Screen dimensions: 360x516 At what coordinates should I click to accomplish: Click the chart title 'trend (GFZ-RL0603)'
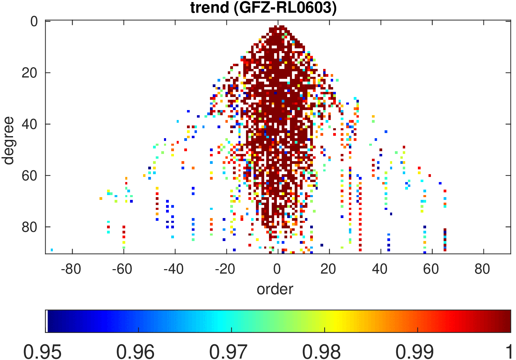click(263, 8)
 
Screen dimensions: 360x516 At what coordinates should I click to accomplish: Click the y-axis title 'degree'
click(8, 141)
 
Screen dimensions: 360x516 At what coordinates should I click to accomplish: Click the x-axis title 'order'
click(275, 289)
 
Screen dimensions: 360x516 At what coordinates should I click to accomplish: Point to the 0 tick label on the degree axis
click(34, 22)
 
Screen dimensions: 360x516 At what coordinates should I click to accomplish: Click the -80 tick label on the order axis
click(71, 269)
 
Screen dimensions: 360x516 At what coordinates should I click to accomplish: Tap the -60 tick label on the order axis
click(122, 269)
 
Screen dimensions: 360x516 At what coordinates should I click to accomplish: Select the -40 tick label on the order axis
click(174, 269)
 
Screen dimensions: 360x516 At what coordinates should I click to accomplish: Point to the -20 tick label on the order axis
click(225, 269)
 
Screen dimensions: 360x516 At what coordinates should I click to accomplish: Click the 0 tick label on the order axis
click(277, 269)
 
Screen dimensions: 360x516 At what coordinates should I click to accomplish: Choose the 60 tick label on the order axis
click(431, 269)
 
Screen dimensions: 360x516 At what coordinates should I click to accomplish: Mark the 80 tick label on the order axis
click(482, 269)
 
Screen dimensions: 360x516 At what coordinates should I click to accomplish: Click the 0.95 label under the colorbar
click(43, 352)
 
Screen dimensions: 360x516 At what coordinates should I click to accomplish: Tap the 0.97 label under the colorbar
click(228, 352)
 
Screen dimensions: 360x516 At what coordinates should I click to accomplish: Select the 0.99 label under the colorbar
click(415, 352)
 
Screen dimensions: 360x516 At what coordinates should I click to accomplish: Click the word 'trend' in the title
click(209, 8)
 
